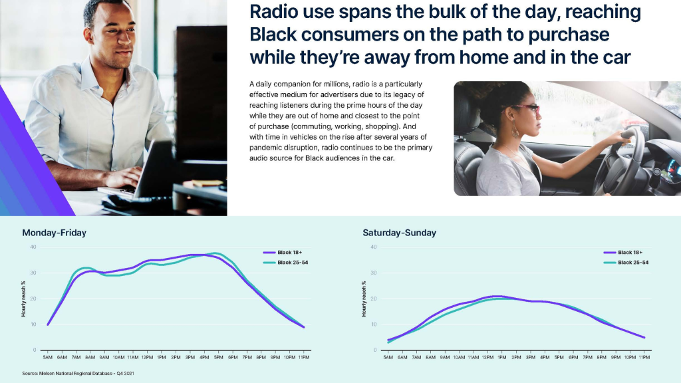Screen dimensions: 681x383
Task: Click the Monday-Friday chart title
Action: click(55, 233)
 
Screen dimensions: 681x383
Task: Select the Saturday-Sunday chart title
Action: click(399, 233)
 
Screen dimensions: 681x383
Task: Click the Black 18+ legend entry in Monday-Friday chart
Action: click(282, 252)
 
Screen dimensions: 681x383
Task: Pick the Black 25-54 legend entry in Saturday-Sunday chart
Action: click(626, 262)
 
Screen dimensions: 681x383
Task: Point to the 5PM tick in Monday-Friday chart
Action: click(218, 357)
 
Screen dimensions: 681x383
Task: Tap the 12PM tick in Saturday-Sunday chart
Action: click(487, 357)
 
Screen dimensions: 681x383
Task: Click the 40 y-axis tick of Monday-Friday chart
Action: click(33, 247)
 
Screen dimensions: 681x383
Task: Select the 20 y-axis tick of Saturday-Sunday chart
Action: click(374, 299)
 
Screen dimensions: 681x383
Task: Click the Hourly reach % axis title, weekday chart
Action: click(23, 299)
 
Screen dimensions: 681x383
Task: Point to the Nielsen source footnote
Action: click(78, 373)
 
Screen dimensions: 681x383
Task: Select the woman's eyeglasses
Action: click(525, 110)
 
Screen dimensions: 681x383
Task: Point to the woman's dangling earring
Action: click(515, 129)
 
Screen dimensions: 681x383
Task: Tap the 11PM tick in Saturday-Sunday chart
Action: click(644, 357)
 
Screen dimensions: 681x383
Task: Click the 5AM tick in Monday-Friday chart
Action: click(48, 357)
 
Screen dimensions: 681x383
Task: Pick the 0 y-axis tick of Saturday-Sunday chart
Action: click(375, 350)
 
